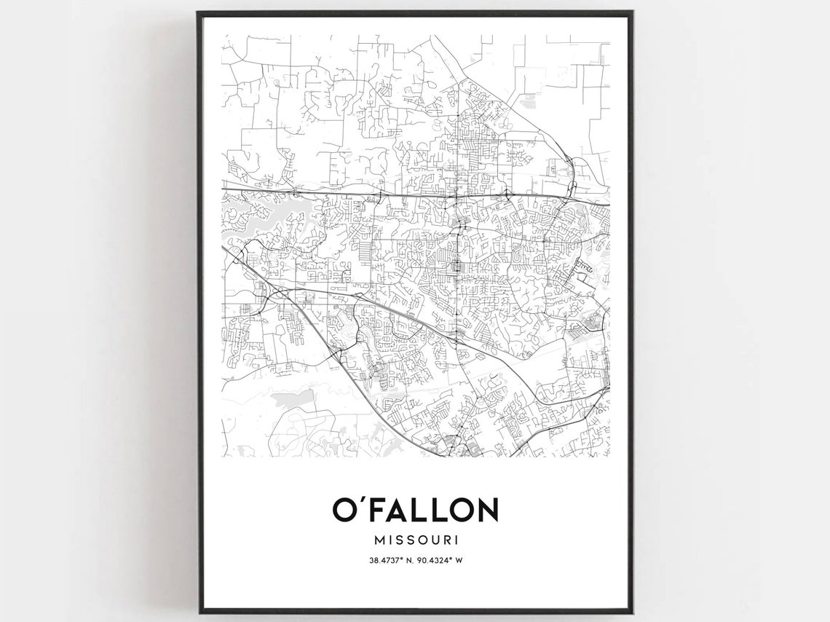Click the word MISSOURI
(x=415, y=540)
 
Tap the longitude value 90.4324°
(x=434, y=560)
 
